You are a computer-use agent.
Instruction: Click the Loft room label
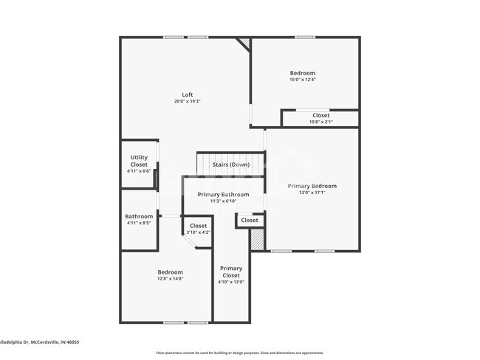[188, 94]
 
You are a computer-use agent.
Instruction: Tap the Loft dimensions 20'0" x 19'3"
[188, 102]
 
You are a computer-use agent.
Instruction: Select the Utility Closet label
[139, 160]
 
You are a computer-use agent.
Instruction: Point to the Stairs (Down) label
[230, 164]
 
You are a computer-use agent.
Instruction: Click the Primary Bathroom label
[223, 195]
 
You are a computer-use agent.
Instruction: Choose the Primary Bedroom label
[312, 186]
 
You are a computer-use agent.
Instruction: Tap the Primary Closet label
[230, 271]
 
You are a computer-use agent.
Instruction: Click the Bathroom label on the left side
[139, 216]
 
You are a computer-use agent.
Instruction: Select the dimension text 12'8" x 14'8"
[170, 279]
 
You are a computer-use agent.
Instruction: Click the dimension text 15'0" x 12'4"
[302, 80]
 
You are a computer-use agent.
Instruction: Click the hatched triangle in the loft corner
[244, 44]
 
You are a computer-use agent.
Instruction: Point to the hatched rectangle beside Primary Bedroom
[257, 239]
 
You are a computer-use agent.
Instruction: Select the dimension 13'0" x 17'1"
[312, 193]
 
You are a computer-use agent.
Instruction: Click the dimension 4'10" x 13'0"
[230, 282]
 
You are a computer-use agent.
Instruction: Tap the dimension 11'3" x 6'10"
[223, 201]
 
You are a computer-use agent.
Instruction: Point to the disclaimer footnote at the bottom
[239, 353]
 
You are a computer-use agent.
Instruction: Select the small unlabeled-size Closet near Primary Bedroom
[250, 220]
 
